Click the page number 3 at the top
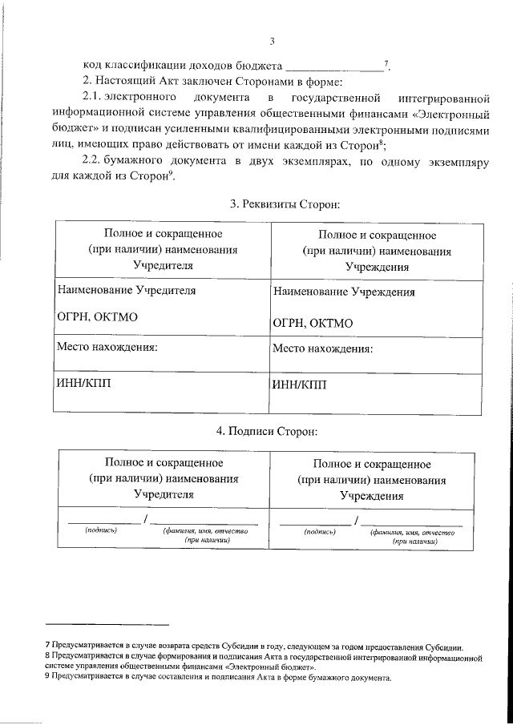272,42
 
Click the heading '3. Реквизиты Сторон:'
285,205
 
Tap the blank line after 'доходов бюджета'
334,68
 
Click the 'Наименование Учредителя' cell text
126,291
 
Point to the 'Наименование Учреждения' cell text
344,292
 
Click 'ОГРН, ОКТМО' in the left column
97,316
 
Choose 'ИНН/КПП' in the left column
84,383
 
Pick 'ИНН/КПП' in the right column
300,385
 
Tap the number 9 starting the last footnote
47,677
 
